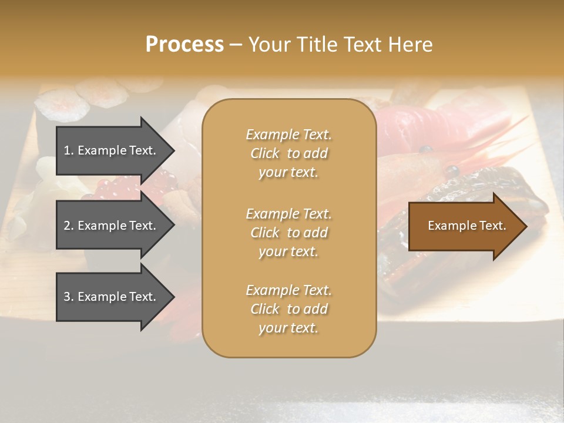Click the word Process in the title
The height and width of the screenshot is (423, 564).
[x=184, y=44]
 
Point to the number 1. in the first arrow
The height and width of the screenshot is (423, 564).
[x=69, y=150]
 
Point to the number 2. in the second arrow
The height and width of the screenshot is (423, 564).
[x=69, y=226]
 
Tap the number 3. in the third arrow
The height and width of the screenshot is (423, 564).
[x=69, y=297]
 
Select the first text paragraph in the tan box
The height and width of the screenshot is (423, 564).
[x=288, y=153]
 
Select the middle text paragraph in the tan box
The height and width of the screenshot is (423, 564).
[x=288, y=233]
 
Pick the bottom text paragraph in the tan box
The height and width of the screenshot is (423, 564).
[x=288, y=309]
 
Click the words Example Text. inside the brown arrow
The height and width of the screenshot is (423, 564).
[x=467, y=226]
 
